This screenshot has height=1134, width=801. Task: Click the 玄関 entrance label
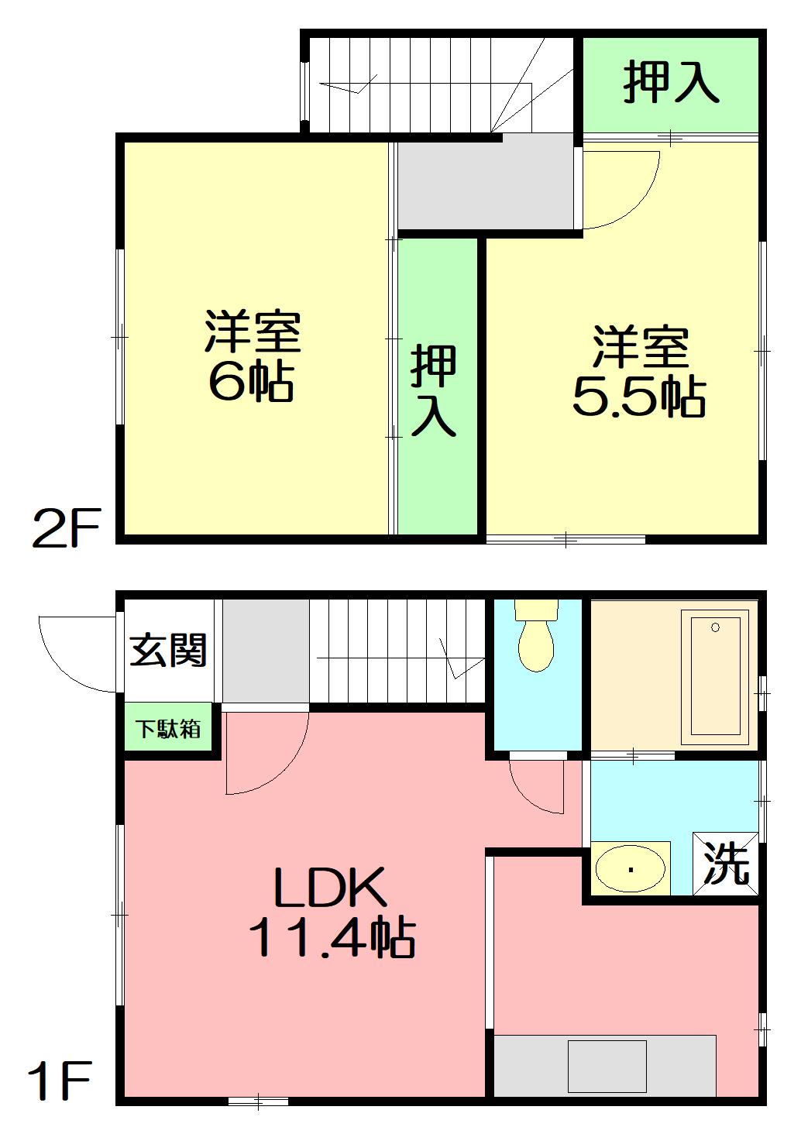click(168, 650)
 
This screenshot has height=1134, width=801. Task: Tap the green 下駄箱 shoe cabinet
click(169, 728)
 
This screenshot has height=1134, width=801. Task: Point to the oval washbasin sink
click(631, 868)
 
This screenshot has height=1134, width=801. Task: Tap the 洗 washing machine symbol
click(726, 864)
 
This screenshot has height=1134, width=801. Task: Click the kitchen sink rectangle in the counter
click(607, 1066)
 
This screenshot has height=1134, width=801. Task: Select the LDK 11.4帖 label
click(331, 913)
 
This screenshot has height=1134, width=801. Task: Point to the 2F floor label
click(66, 528)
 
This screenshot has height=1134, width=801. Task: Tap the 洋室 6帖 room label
click(253, 356)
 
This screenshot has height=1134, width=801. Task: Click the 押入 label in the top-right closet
click(671, 82)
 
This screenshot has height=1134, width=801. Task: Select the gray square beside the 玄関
click(266, 651)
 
